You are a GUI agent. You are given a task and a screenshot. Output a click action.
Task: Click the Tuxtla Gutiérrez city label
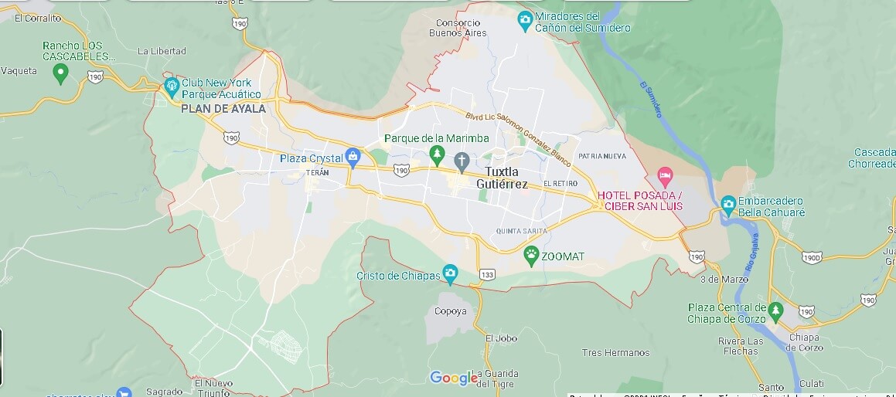(506, 178)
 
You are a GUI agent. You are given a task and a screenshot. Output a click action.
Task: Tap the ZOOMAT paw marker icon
(531, 256)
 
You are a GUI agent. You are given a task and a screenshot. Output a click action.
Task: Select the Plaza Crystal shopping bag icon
(353, 158)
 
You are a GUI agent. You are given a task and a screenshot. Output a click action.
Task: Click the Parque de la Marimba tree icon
(438, 154)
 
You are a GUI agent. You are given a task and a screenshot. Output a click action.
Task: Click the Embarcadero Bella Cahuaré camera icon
(727, 204)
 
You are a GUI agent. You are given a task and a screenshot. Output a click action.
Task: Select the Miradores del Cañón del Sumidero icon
(525, 19)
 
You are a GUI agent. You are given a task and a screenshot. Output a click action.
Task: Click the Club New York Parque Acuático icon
(171, 84)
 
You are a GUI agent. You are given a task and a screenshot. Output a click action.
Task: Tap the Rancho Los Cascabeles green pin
(60, 74)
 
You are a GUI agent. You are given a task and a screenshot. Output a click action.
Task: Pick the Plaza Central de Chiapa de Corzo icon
(776, 311)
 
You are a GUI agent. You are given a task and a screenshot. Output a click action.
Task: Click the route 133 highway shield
(488, 275)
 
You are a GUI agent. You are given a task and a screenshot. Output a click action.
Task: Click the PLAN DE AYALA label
(223, 109)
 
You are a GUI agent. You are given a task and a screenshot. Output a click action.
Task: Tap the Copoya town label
(451, 311)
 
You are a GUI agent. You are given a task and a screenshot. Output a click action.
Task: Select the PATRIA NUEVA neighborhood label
(601, 156)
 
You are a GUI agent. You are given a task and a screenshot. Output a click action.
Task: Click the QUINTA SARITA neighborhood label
(521, 231)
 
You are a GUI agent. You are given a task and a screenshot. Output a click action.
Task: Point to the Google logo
(454, 378)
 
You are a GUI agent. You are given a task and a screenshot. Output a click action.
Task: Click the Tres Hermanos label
(615, 352)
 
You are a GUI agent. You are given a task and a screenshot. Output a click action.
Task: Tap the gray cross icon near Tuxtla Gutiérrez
(462, 161)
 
